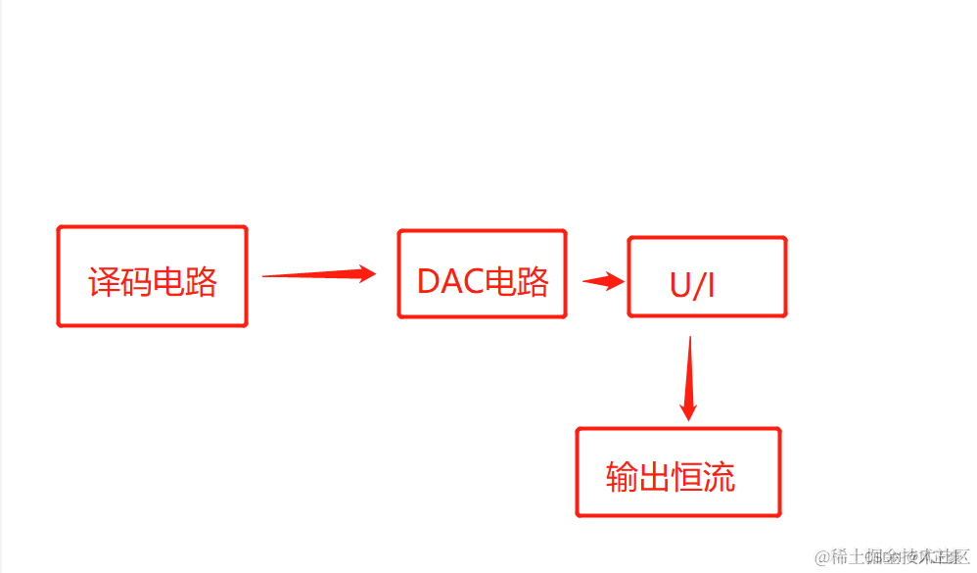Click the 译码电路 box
(152, 276)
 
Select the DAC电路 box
(482, 274)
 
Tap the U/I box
(707, 277)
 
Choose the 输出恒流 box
(677, 472)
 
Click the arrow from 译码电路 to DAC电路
(319, 275)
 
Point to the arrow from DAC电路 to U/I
(604, 282)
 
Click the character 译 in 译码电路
(105, 282)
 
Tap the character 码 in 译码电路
(136, 282)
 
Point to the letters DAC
(451, 281)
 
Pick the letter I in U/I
(711, 285)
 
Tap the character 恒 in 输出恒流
(687, 477)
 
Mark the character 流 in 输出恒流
(720, 477)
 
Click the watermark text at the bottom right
(892, 556)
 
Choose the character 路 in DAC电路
(534, 281)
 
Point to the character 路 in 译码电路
(201, 282)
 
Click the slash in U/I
(697, 285)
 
